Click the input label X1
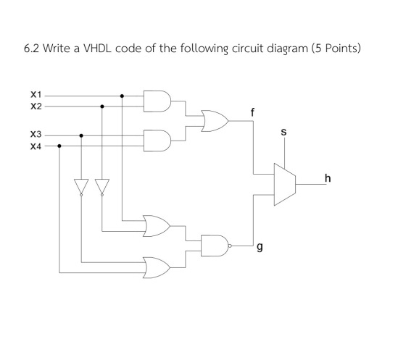tap(36, 95)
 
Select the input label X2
tap(36, 106)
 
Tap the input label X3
tap(36, 135)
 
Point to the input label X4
tap(36, 146)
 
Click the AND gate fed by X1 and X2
tap(157, 101)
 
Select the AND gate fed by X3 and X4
tap(157, 141)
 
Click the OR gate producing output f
tap(215, 121)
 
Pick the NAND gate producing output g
tap(216, 246)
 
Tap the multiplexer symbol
tap(285, 185)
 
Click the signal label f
tap(252, 112)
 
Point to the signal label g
tap(260, 247)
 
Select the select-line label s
tap(283, 132)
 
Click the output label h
tap(328, 178)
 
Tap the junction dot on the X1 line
tap(123, 96)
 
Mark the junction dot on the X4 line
tap(59, 146)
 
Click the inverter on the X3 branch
tap(81, 187)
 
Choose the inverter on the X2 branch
tap(102, 187)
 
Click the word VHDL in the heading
tap(97, 49)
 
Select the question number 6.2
tap(31, 49)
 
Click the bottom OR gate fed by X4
tap(157, 268)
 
